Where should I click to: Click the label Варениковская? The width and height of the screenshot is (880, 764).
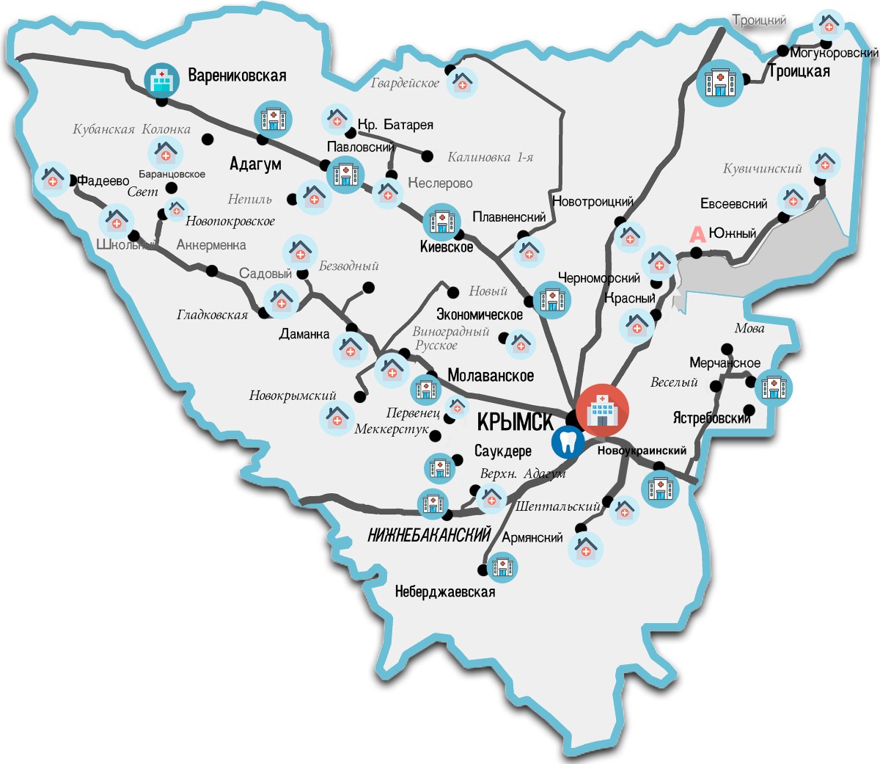[237, 76]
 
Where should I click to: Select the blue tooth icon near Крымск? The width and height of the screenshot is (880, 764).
[568, 441]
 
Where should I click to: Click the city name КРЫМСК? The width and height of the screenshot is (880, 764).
[516, 422]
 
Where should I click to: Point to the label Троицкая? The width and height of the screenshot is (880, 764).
[799, 71]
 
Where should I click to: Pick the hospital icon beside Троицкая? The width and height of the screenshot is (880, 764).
[719, 82]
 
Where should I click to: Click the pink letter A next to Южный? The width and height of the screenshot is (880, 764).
[697, 235]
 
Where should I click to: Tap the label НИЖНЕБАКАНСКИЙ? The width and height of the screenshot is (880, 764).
[429, 535]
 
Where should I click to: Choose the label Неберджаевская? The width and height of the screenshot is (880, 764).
[444, 592]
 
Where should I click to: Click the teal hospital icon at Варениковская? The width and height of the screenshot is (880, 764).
[161, 80]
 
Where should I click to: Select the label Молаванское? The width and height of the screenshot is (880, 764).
[491, 376]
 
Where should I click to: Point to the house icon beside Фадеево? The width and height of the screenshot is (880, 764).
[53, 178]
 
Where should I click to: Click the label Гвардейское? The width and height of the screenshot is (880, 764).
[405, 83]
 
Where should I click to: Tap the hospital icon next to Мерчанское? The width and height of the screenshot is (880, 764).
[774, 387]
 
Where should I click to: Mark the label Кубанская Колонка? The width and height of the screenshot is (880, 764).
[131, 130]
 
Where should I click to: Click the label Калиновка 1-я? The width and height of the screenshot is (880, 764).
[491, 157]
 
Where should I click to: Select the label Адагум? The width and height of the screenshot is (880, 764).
[255, 164]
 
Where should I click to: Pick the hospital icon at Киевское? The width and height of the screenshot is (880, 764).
[441, 221]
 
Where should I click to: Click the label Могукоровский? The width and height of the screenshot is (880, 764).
[835, 53]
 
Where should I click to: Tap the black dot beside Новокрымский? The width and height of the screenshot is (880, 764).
[359, 396]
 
